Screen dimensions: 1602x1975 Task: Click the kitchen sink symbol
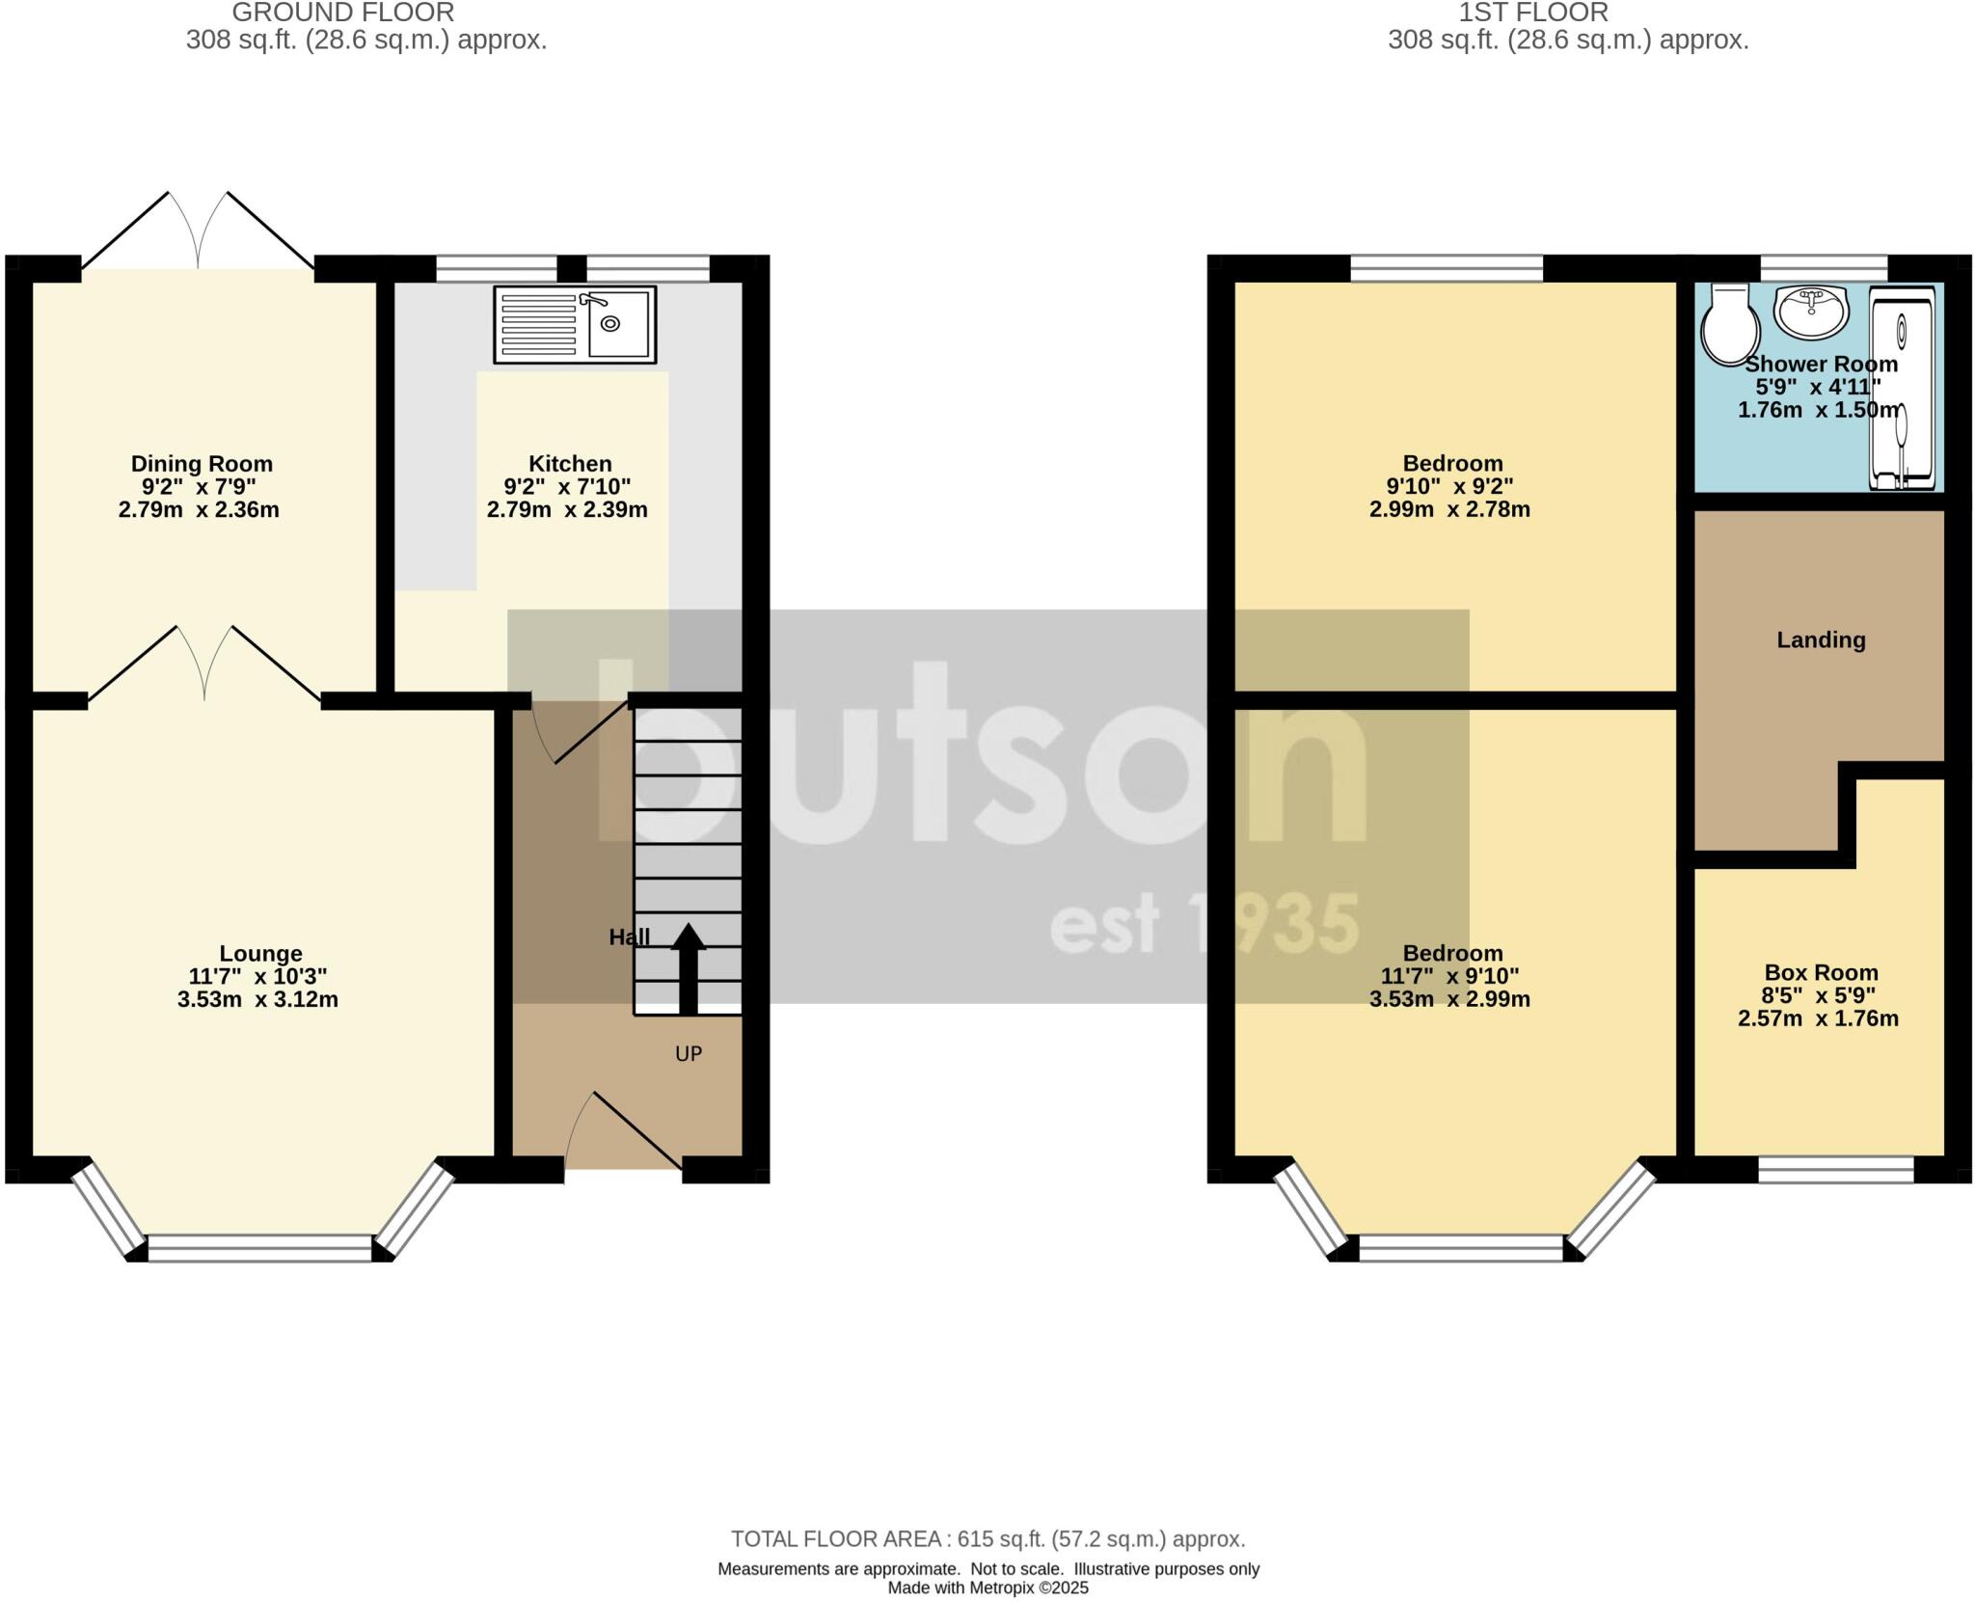tap(575, 324)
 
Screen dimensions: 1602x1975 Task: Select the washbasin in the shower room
tap(1811, 312)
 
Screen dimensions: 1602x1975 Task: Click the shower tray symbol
tap(1902, 386)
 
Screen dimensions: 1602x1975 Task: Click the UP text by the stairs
tap(689, 1054)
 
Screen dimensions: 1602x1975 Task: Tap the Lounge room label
tap(260, 954)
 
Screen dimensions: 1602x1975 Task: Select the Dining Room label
tap(202, 464)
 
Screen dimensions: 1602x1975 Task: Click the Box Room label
tap(1821, 973)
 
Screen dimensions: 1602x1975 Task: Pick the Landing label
tap(1821, 640)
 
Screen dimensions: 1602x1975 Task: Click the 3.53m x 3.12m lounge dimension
tap(257, 1000)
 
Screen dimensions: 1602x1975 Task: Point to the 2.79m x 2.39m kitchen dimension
tap(567, 510)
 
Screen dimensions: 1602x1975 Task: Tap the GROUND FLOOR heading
tap(342, 14)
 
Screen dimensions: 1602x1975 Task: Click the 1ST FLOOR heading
tap(1533, 14)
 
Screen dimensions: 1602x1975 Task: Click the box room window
tap(1835, 1169)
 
